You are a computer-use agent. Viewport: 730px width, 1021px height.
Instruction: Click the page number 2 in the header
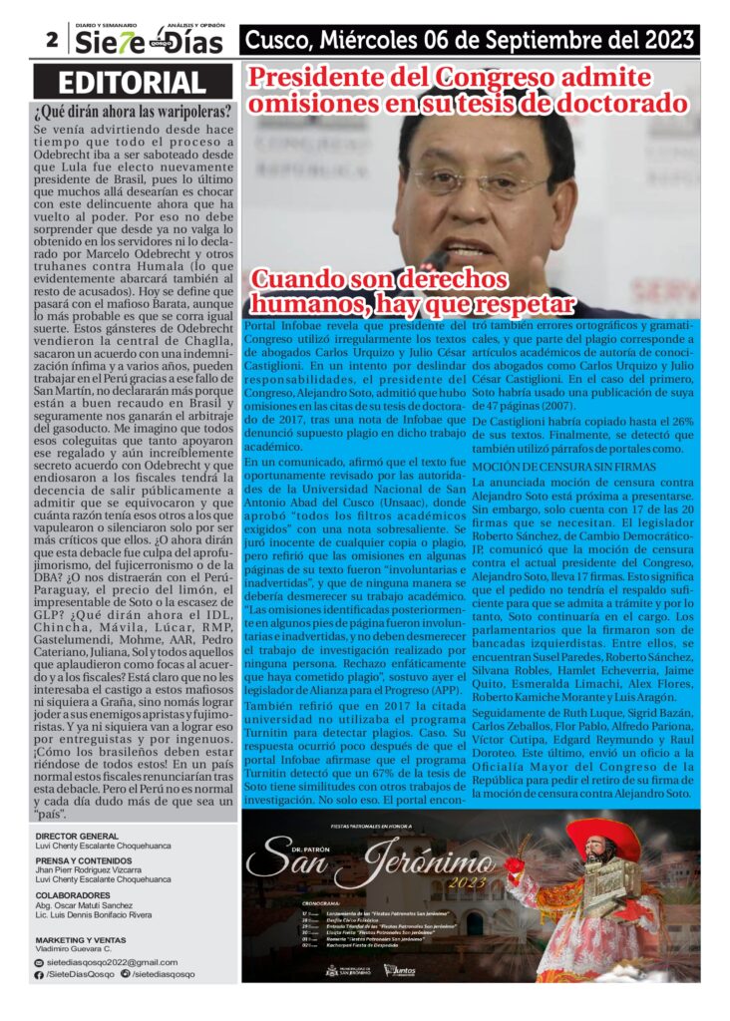tap(49, 40)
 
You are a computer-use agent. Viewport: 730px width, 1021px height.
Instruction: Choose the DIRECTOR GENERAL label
tap(77, 836)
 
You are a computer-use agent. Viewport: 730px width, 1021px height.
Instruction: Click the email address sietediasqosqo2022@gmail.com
tap(112, 962)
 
